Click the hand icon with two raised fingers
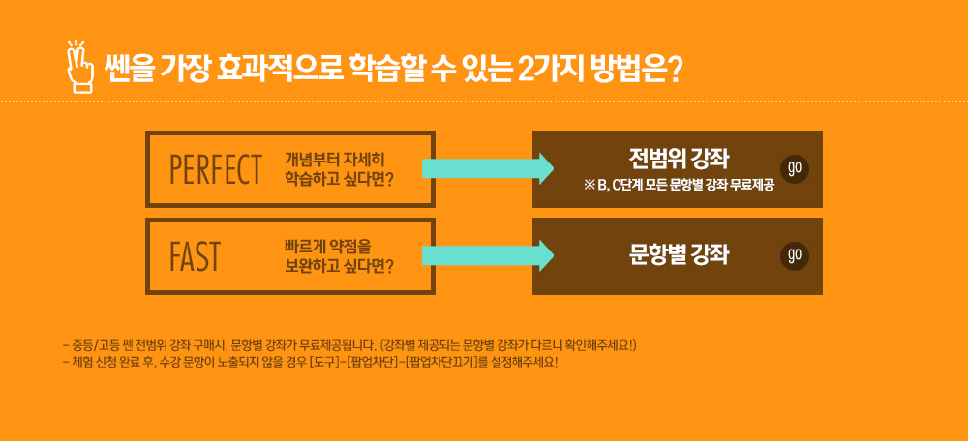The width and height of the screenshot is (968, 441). pyautogui.click(x=79, y=68)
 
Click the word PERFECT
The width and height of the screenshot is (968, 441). pyautogui.click(x=216, y=169)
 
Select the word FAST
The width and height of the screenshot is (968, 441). pyautogui.click(x=195, y=256)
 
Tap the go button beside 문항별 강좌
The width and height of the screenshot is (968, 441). pyautogui.click(x=795, y=256)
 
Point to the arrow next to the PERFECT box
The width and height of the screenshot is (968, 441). pyautogui.click(x=488, y=169)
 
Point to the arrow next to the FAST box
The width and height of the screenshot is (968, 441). pyautogui.click(x=488, y=256)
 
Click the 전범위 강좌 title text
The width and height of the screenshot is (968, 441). pyautogui.click(x=680, y=160)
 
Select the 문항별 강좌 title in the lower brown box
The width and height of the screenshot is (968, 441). pyautogui.click(x=680, y=254)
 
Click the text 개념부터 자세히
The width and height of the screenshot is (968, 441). pyautogui.click(x=335, y=160)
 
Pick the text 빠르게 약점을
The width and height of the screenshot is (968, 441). pyautogui.click(x=327, y=246)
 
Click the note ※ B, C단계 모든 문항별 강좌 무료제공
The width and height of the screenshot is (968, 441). pyautogui.click(x=679, y=187)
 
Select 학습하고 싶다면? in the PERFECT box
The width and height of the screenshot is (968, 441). pyautogui.click(x=340, y=178)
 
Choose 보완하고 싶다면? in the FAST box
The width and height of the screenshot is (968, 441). pyautogui.click(x=340, y=265)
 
